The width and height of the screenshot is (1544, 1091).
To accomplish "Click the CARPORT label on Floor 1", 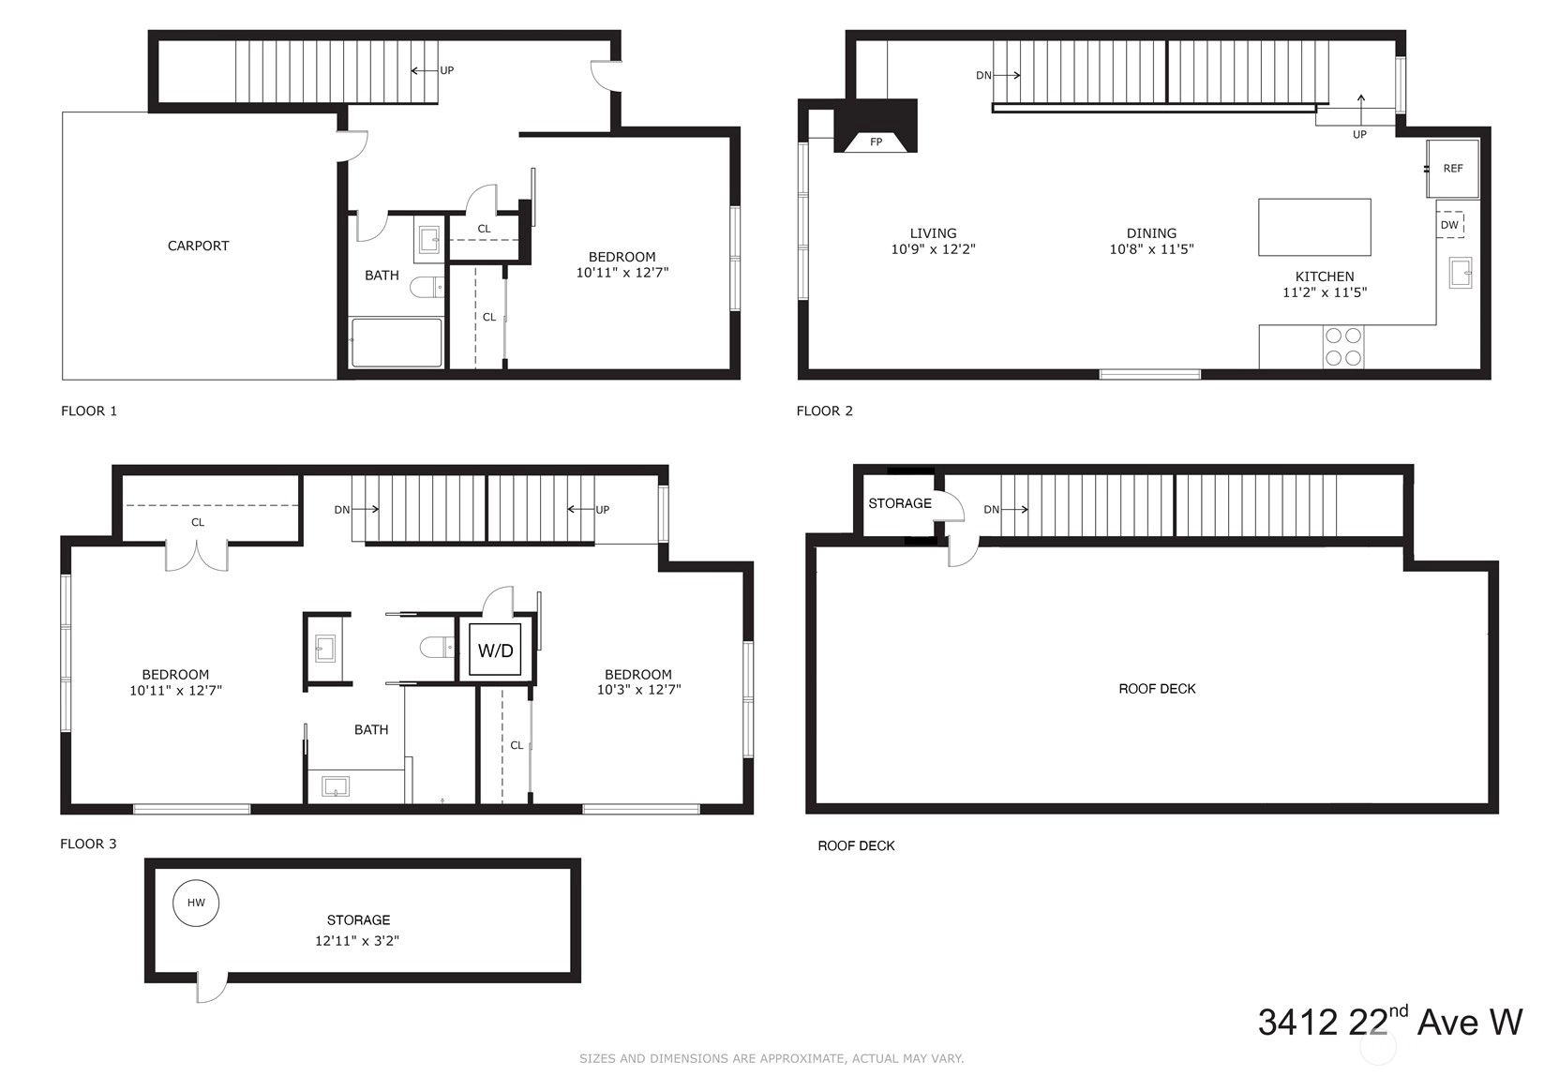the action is (x=198, y=246).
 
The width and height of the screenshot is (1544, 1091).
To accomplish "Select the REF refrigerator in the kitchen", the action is (x=1452, y=168).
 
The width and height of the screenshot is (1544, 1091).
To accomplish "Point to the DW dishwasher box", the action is (x=1449, y=225).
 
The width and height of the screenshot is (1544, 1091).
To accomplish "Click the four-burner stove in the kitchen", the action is (x=1343, y=347).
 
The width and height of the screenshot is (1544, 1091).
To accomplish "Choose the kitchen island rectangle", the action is (x=1314, y=228).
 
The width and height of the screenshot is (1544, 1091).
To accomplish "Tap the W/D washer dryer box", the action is (x=495, y=650).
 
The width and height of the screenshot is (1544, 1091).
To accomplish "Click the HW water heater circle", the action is (x=196, y=903).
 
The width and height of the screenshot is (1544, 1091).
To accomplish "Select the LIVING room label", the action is (x=933, y=233).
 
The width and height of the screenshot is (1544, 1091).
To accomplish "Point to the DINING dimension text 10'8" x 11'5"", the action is (x=1151, y=249).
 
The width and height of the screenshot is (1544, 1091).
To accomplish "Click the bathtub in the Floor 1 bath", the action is (x=396, y=342).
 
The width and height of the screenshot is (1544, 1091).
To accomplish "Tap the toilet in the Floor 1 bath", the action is (x=427, y=288).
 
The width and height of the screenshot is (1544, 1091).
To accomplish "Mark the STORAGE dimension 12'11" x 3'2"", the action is (x=357, y=941).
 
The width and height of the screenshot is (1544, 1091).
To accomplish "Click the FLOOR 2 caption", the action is (x=824, y=411).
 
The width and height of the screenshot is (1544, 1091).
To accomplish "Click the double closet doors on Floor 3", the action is (x=197, y=556).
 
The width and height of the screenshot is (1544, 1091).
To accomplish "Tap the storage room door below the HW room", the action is (x=212, y=987).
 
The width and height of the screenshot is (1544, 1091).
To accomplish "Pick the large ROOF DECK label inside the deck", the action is (x=1157, y=689).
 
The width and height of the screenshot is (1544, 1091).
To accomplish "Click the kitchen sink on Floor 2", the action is (x=1460, y=273).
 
